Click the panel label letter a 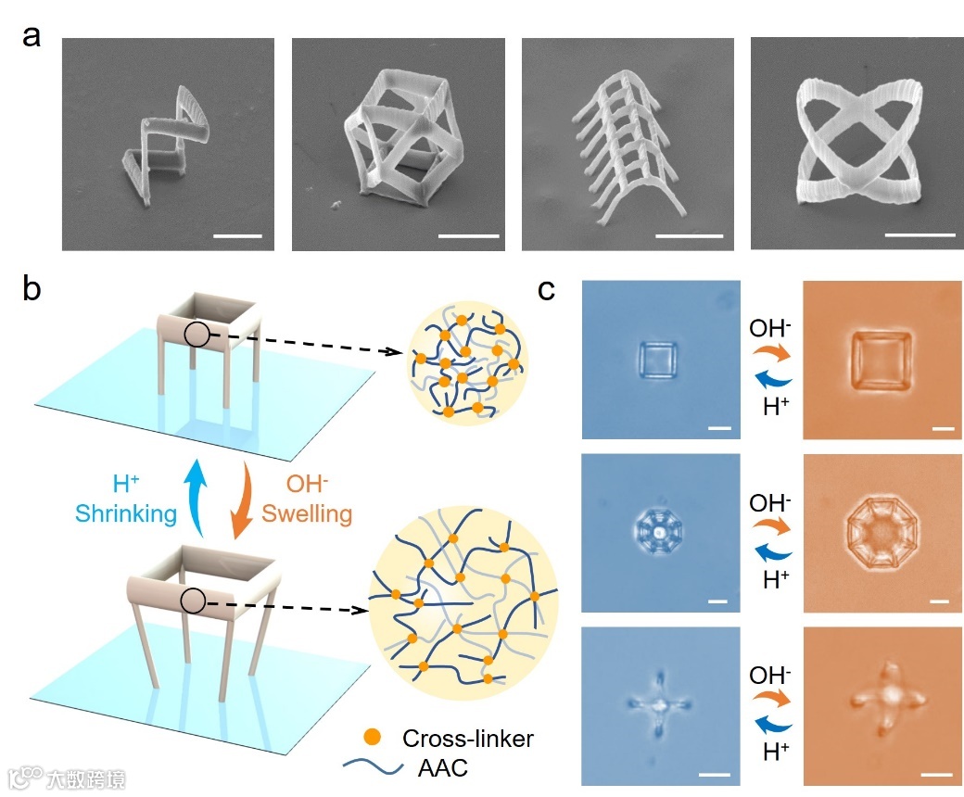[32, 43]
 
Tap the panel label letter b [32, 290]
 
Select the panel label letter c [547, 290]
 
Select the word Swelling [306, 512]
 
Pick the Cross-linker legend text [468, 739]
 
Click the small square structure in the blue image [659, 359]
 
